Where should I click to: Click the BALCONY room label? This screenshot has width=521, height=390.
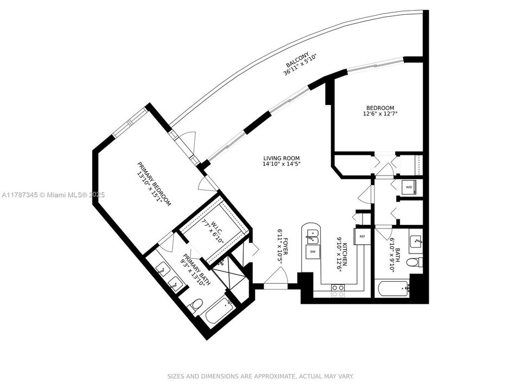(x=298, y=58)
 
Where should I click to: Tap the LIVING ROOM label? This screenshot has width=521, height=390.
(x=282, y=158)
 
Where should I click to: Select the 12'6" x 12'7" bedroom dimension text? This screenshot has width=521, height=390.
(x=380, y=113)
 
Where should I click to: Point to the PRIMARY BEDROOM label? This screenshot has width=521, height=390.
(x=155, y=184)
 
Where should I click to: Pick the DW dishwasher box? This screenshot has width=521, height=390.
(x=313, y=251)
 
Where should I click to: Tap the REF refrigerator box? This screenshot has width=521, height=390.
(x=362, y=237)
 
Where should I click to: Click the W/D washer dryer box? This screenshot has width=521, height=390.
(x=409, y=187)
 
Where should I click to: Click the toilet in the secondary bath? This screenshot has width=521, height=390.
(x=415, y=262)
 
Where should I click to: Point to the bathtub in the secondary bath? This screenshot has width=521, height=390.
(x=392, y=289)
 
